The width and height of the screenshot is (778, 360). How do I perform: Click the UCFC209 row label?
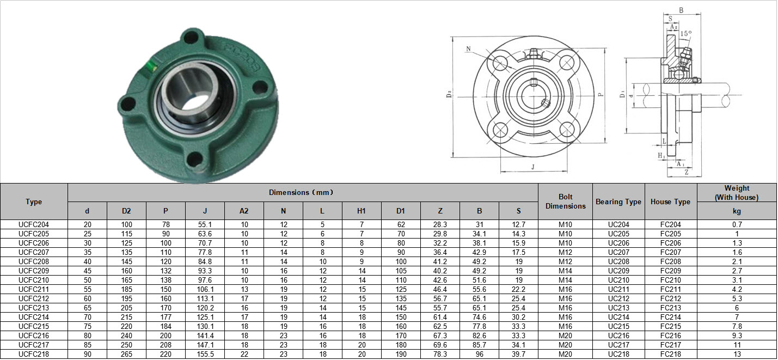click(34, 271)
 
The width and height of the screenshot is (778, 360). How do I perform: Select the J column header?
click(205, 211)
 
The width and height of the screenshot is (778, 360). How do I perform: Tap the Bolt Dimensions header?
click(566, 201)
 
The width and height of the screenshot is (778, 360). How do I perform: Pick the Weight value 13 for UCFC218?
click(737, 354)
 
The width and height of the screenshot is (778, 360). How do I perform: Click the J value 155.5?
click(205, 354)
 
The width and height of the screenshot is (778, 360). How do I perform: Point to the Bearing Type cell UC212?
click(618, 298)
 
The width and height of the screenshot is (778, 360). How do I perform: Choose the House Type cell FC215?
click(671, 326)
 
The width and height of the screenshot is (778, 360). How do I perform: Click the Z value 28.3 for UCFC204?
click(440, 224)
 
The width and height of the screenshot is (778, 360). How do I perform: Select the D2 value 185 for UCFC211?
click(126, 289)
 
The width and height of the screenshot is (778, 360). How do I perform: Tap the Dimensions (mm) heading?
click(301, 192)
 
